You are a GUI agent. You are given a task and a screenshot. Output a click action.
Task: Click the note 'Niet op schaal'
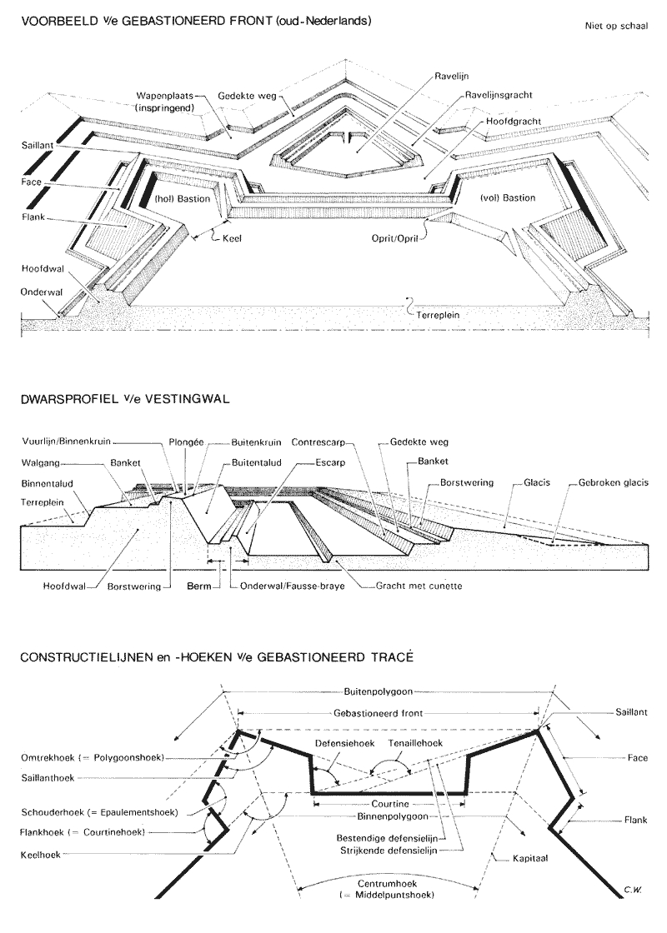tap(616, 24)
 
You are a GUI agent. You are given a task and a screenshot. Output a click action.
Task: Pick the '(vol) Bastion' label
tap(507, 197)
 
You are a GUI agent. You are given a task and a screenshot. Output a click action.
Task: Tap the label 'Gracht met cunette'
tap(415, 586)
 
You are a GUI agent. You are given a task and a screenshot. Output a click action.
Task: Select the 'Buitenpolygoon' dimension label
tap(379, 691)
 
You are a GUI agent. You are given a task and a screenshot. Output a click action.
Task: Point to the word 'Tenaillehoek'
tap(410, 742)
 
